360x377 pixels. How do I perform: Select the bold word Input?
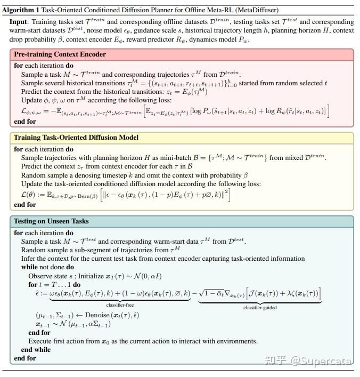[x=20, y=22]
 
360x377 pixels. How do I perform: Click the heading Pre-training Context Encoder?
[x=60, y=54]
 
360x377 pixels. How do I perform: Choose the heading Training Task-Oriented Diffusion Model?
[x=76, y=138]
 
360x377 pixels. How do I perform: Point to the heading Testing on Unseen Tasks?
[x=51, y=221]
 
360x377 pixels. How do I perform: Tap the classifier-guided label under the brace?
[x=259, y=308]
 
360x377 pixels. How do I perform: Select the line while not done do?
[x=47, y=267]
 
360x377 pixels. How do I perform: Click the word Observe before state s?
[x=41, y=275]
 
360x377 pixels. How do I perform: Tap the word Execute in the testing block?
[x=41, y=341]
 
